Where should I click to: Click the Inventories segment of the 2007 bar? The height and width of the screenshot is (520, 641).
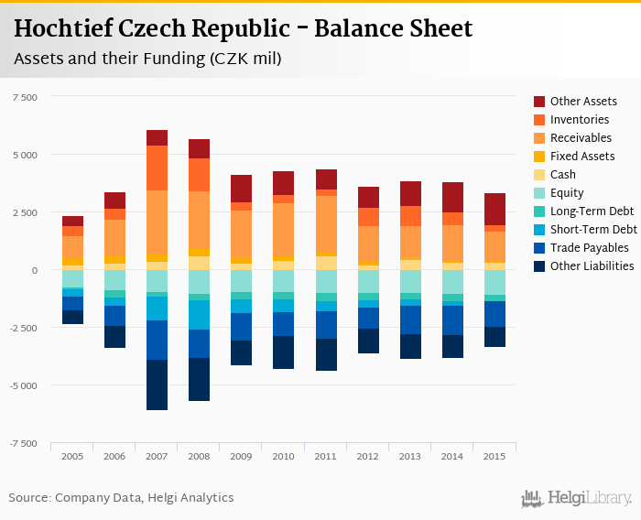[157, 168]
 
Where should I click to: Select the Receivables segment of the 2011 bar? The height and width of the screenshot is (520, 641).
[327, 223]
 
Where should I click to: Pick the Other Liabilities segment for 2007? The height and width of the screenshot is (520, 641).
[157, 385]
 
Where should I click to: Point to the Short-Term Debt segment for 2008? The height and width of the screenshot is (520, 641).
[199, 315]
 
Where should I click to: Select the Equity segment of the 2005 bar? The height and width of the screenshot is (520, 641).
[72, 278]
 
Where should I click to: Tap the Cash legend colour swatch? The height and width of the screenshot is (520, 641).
[540, 175]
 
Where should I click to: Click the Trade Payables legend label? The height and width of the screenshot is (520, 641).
[589, 248]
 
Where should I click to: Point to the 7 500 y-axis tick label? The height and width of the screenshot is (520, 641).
[24, 96]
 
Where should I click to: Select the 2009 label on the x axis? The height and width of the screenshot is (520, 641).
[242, 456]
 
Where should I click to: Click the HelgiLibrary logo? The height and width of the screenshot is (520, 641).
[576, 498]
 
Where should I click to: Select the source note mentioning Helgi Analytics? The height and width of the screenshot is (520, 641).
[121, 498]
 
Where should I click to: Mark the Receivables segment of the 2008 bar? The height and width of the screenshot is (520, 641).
[199, 220]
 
